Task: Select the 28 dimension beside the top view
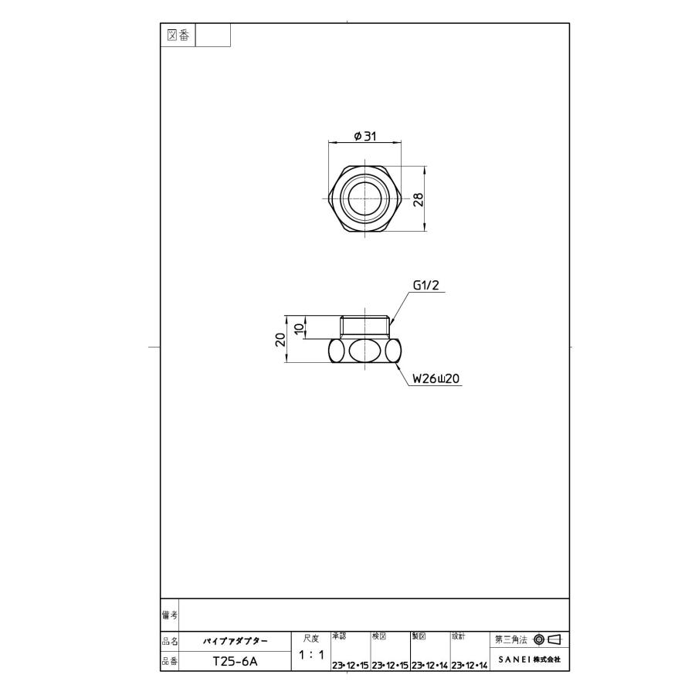coord(418,198)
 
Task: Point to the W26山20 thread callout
coord(436,379)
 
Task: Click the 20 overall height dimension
coord(280,340)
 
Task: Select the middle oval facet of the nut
coord(364,352)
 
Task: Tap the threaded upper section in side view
coord(364,326)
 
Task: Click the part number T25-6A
coord(235,662)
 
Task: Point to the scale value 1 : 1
coord(310,655)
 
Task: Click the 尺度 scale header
coord(310,638)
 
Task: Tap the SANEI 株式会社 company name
coord(529,660)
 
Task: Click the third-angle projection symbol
coord(547,639)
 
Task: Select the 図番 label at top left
coord(178,35)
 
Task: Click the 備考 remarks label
coord(169,614)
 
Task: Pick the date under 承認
coord(350,665)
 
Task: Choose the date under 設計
coord(470,665)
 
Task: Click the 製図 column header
coord(419,636)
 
